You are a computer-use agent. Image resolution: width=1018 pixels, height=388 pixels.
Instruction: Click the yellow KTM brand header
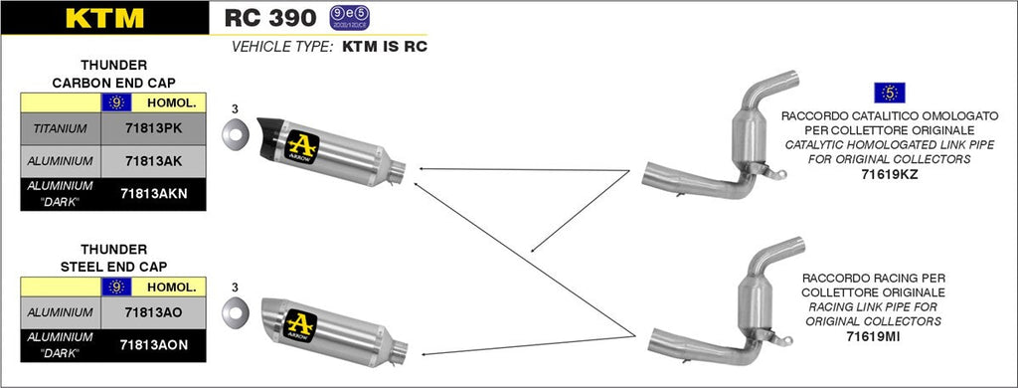pos(104,18)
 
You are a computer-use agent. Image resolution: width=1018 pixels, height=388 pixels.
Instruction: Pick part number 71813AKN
pos(155,193)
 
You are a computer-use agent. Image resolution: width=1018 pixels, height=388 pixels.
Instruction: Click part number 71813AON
pos(155,344)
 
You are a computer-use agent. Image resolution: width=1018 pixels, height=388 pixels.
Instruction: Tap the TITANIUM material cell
pos(60,128)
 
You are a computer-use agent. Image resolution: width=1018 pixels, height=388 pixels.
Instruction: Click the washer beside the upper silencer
pos(235,133)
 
